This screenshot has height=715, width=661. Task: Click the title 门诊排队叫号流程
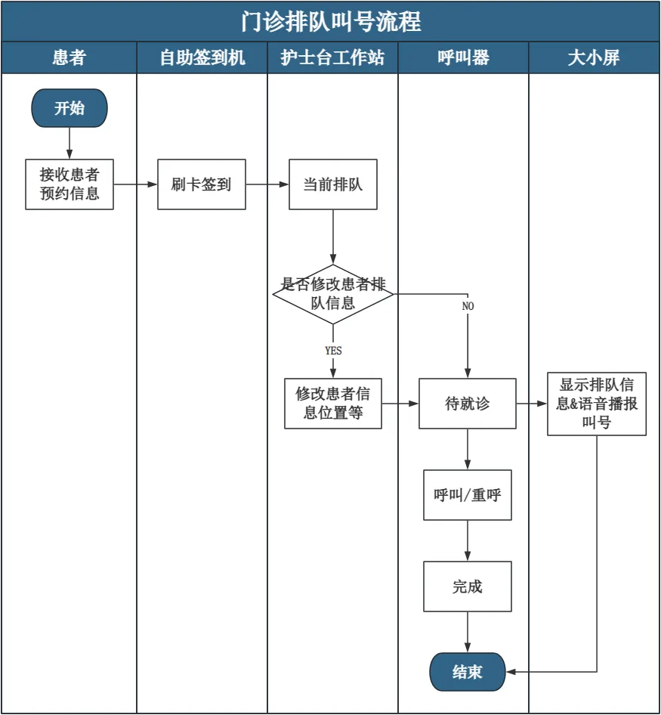pos(331,21)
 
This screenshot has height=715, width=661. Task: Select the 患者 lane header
pos(69,57)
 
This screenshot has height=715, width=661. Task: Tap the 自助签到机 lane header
pos(202,57)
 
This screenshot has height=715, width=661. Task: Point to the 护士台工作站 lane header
pos(333,57)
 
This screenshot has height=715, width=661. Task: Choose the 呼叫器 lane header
pos(464,57)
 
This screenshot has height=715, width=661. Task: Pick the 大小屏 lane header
pos(594,57)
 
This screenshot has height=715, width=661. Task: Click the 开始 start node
pos(69,108)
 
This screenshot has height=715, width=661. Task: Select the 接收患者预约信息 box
pos(69,184)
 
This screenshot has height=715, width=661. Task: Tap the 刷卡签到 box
pos(202,184)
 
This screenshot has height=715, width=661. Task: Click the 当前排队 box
pos(333,184)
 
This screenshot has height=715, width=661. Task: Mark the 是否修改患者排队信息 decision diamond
pos(333,294)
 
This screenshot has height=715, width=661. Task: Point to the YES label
pos(333,350)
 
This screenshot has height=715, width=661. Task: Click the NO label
pos(468,306)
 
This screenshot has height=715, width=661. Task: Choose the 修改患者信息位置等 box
pos(333,404)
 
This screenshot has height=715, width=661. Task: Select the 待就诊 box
pos(468,404)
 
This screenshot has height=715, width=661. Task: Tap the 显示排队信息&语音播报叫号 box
pos(597,404)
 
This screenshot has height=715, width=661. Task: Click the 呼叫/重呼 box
pos(468,495)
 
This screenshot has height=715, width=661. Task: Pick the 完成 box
pos(468,587)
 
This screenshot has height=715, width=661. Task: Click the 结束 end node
pos(468,672)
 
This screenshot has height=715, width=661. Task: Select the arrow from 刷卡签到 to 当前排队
pos(267,184)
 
